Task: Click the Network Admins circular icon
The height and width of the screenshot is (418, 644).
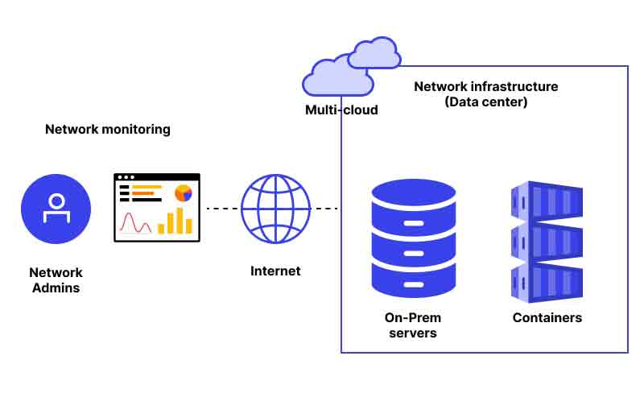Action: (x=56, y=209)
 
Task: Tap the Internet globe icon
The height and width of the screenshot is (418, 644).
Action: (x=275, y=209)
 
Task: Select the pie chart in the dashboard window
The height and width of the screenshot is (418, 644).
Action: (x=184, y=192)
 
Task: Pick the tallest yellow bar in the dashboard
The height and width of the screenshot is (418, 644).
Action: (x=180, y=221)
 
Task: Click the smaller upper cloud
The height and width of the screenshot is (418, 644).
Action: (x=374, y=52)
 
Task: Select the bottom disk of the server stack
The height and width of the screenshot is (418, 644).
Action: (x=414, y=280)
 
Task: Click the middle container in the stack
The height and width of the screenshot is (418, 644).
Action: (x=547, y=242)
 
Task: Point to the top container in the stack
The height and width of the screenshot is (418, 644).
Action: (x=547, y=201)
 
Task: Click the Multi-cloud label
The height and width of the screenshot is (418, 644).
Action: (x=341, y=110)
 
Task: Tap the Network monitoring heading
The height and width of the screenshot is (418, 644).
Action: (x=108, y=130)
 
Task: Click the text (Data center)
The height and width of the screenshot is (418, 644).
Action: (x=486, y=102)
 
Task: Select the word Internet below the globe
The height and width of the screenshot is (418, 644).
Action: (x=275, y=271)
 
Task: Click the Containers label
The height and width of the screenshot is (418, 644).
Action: (x=547, y=317)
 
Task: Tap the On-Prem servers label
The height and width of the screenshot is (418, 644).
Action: (x=413, y=325)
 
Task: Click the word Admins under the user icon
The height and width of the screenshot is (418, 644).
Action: (x=56, y=288)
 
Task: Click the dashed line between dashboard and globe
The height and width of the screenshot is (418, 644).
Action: (x=223, y=209)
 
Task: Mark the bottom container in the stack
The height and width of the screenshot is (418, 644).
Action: (x=547, y=283)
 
